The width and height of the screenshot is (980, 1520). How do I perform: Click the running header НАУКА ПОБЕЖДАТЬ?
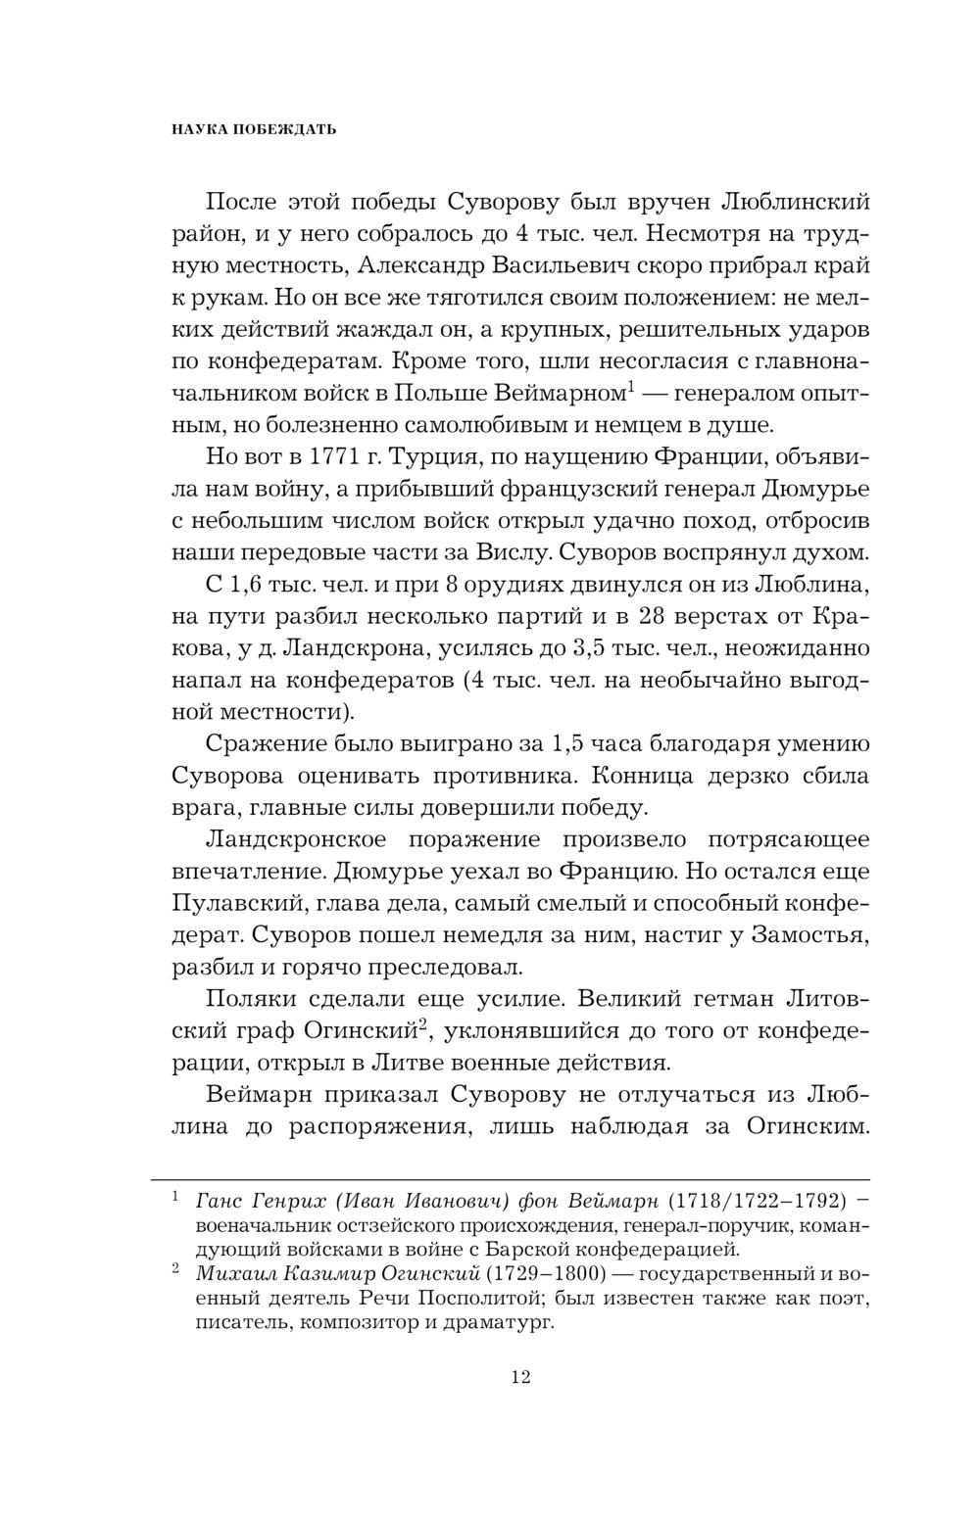pos(240,129)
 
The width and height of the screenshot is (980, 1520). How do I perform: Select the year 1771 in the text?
pos(315,457)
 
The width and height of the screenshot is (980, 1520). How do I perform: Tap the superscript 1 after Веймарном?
pos(631,390)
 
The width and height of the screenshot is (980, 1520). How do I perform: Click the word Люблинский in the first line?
pos(796,203)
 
